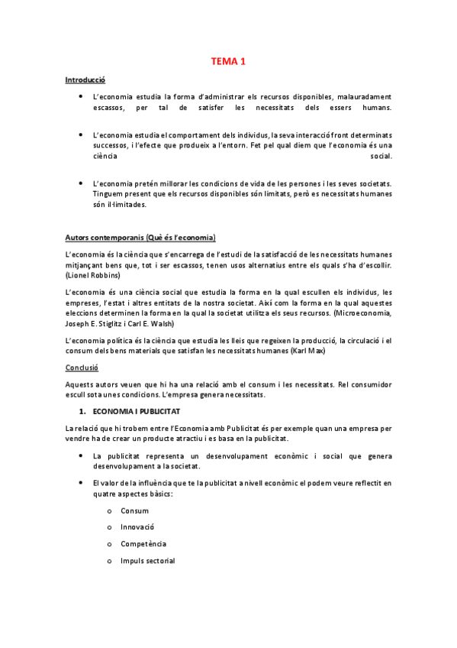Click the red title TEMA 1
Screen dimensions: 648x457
coord(228,61)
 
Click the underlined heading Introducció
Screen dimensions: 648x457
coord(85,79)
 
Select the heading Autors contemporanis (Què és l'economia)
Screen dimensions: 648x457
coord(140,237)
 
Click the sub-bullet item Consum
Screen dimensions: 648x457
coord(134,510)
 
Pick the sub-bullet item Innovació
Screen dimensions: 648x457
coord(137,527)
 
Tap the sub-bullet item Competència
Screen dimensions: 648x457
coord(143,544)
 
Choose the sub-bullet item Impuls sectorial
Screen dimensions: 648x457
coord(147,561)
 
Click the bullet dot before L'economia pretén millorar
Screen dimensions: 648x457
coord(81,183)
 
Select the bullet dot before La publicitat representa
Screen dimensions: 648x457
coord(81,455)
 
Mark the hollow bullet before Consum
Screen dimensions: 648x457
coord(110,511)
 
